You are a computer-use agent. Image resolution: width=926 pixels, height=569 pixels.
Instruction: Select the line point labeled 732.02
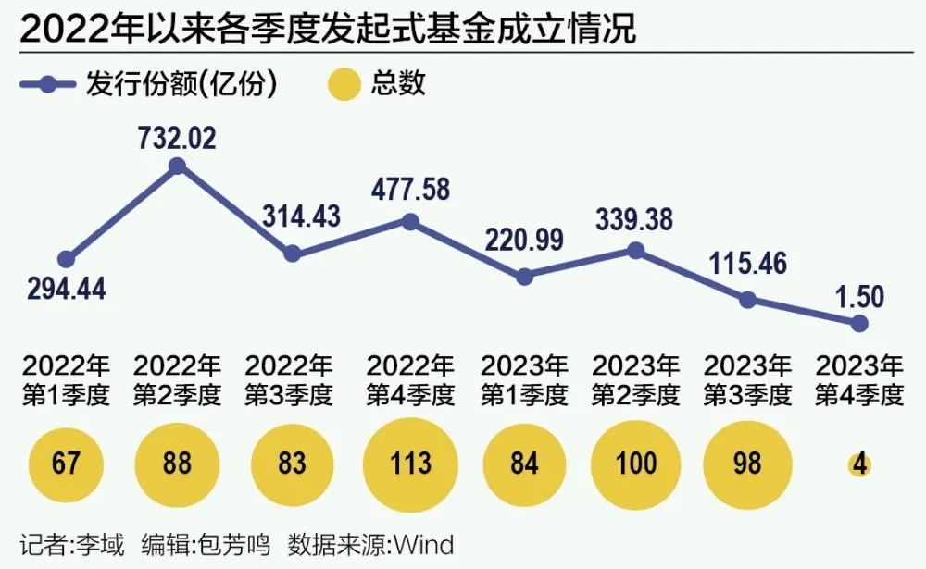178,167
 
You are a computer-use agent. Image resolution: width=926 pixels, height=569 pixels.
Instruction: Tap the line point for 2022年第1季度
66,260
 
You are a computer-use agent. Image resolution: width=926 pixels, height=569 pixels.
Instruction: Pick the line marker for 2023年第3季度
747,299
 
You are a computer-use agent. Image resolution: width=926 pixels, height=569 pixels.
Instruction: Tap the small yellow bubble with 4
859,464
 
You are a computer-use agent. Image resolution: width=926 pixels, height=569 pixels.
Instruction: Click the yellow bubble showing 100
635,463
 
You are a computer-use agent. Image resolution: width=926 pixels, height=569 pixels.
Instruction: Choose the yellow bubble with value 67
66,463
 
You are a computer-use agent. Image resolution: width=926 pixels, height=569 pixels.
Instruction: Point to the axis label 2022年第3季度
289,380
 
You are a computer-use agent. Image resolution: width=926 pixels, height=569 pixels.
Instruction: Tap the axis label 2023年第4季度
858,380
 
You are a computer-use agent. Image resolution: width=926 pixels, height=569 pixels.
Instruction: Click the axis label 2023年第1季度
524,380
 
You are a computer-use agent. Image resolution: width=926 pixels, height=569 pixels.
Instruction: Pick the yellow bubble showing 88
178,463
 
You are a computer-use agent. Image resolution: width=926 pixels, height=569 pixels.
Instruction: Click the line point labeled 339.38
635,251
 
